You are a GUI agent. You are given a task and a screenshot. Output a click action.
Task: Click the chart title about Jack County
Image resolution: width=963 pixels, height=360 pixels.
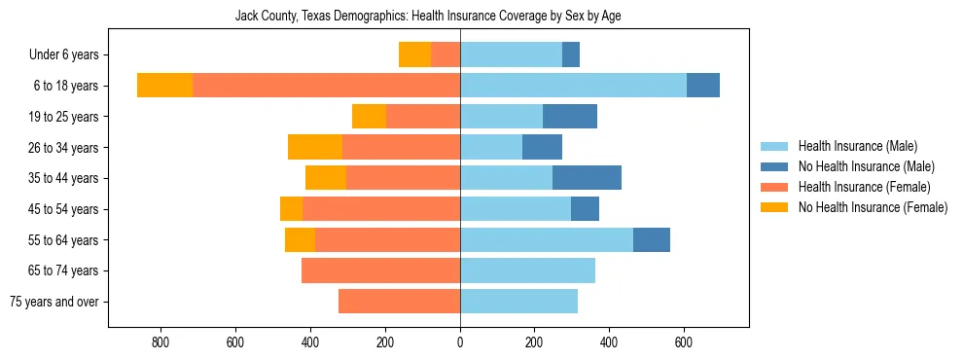pyautogui.click(x=428, y=16)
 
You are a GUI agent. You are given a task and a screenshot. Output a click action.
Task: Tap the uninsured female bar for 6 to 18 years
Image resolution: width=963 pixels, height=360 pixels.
pyautogui.click(x=164, y=86)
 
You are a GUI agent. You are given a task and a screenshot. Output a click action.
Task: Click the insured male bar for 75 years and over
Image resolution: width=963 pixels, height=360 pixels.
pyautogui.click(x=518, y=302)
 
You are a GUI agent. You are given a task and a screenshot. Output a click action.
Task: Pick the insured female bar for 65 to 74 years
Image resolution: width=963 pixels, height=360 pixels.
pyautogui.click(x=380, y=270)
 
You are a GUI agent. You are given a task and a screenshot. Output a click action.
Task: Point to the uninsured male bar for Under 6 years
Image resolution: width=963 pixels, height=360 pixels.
pyautogui.click(x=571, y=54)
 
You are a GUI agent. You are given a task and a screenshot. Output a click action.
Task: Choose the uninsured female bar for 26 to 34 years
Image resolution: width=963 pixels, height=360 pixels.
pyautogui.click(x=315, y=147)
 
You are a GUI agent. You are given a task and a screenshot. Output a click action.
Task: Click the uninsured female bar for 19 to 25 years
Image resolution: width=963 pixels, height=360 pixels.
pyautogui.click(x=369, y=117)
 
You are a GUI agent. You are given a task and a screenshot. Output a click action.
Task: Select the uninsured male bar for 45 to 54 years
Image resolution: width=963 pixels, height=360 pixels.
pyautogui.click(x=585, y=209)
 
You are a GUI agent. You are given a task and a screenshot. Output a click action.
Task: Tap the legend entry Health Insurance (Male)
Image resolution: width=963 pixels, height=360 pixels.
pyautogui.click(x=857, y=146)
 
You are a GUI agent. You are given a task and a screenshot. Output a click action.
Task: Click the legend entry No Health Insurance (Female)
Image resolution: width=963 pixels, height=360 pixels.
pyautogui.click(x=873, y=207)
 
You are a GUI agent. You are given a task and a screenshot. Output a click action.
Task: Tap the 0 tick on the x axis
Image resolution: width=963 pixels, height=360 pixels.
pyautogui.click(x=460, y=342)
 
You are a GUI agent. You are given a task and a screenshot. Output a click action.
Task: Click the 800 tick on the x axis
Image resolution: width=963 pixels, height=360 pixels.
pyautogui.click(x=160, y=342)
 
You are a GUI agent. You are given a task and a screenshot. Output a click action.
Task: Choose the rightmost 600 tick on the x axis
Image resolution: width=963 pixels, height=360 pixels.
pyautogui.click(x=684, y=342)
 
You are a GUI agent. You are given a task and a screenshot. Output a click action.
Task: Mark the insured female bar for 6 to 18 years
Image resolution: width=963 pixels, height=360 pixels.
pyautogui.click(x=326, y=86)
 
